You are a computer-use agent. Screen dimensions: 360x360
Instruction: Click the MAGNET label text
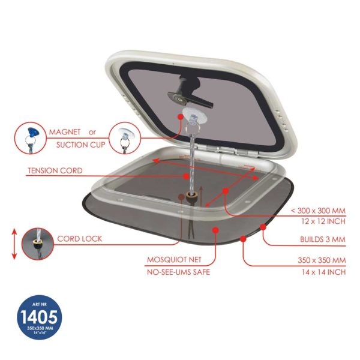(x=65, y=132)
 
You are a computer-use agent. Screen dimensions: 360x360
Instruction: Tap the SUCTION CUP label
(x=81, y=145)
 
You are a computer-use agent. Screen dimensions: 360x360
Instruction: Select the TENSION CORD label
(x=55, y=170)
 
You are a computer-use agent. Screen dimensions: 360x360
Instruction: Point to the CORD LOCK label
(x=80, y=239)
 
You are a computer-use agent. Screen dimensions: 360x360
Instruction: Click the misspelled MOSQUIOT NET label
(x=174, y=260)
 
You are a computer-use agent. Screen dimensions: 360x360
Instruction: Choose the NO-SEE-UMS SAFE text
(x=179, y=272)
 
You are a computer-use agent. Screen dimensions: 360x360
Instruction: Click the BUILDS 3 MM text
(x=323, y=239)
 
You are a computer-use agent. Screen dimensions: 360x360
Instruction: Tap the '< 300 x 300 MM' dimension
(x=318, y=211)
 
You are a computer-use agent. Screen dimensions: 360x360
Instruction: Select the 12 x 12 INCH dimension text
(x=323, y=221)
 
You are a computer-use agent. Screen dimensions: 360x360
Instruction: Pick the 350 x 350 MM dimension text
(x=322, y=260)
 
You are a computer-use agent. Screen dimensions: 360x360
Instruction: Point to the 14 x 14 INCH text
(x=323, y=272)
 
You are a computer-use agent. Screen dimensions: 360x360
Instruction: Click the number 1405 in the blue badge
(x=39, y=317)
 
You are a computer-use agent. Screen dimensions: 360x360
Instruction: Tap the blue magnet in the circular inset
(x=33, y=133)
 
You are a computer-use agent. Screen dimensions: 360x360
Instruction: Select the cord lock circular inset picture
(x=38, y=244)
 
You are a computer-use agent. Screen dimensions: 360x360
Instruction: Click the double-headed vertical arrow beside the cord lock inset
(x=14, y=244)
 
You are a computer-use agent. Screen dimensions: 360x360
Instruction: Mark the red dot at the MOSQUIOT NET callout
(x=215, y=229)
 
